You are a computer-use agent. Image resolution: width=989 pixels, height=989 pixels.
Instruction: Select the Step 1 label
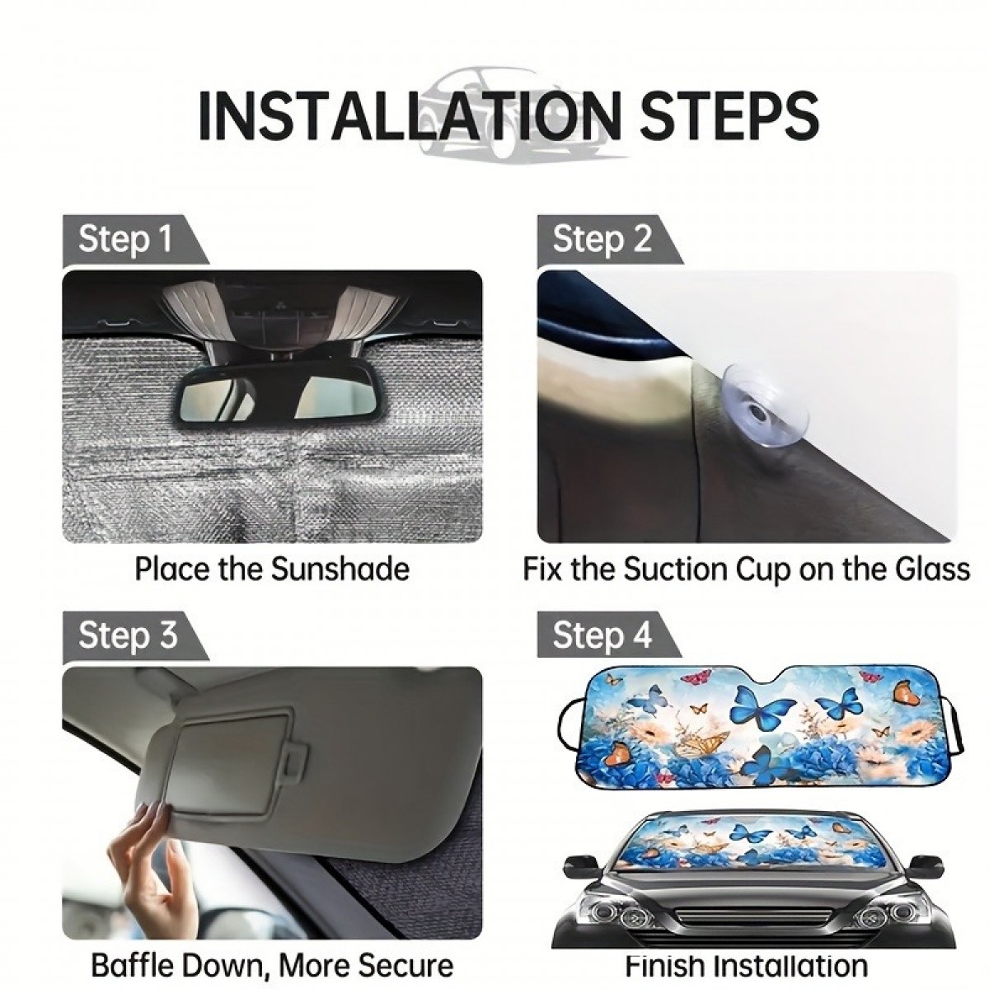(x=125, y=239)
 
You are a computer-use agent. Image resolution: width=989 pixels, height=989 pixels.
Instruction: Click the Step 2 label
(x=602, y=239)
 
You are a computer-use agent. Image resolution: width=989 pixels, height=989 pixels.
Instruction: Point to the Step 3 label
(x=128, y=635)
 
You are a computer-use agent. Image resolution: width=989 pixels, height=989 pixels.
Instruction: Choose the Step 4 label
(x=602, y=635)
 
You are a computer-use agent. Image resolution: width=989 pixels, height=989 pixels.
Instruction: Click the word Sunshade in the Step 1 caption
(x=340, y=568)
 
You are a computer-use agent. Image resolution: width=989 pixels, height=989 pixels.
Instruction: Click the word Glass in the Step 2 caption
(x=932, y=568)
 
